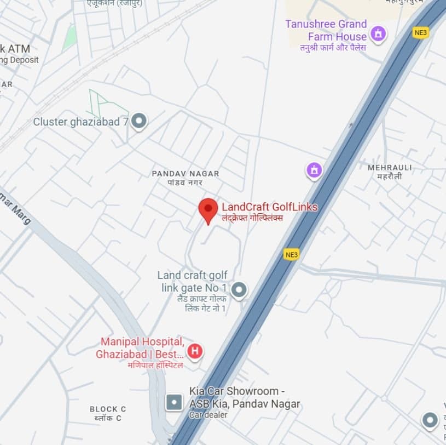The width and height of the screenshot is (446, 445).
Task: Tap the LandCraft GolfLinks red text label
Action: [269, 207]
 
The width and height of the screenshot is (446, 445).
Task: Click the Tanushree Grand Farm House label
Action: [326, 31]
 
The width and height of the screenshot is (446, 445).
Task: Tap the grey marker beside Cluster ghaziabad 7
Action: [139, 121]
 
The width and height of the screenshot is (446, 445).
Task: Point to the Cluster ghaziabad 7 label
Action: [80, 122]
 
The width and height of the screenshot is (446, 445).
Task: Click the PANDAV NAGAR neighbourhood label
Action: [185, 174]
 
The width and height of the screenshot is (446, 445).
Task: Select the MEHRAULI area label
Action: [390, 168]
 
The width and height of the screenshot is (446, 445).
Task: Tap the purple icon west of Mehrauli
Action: [314, 170]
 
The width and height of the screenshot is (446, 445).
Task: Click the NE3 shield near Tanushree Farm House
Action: [420, 33]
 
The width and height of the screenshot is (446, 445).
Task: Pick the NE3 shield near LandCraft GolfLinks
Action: [292, 254]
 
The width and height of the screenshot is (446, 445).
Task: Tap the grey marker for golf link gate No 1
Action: [239, 289]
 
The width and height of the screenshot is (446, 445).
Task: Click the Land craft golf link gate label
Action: [192, 282]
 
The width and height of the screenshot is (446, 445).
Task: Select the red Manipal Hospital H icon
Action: [194, 350]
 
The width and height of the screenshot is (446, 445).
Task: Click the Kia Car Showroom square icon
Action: [174, 402]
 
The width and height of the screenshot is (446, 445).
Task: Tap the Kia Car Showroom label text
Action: [244, 398]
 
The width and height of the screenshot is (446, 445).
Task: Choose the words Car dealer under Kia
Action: [208, 415]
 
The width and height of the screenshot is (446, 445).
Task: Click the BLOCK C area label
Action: [108, 409]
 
